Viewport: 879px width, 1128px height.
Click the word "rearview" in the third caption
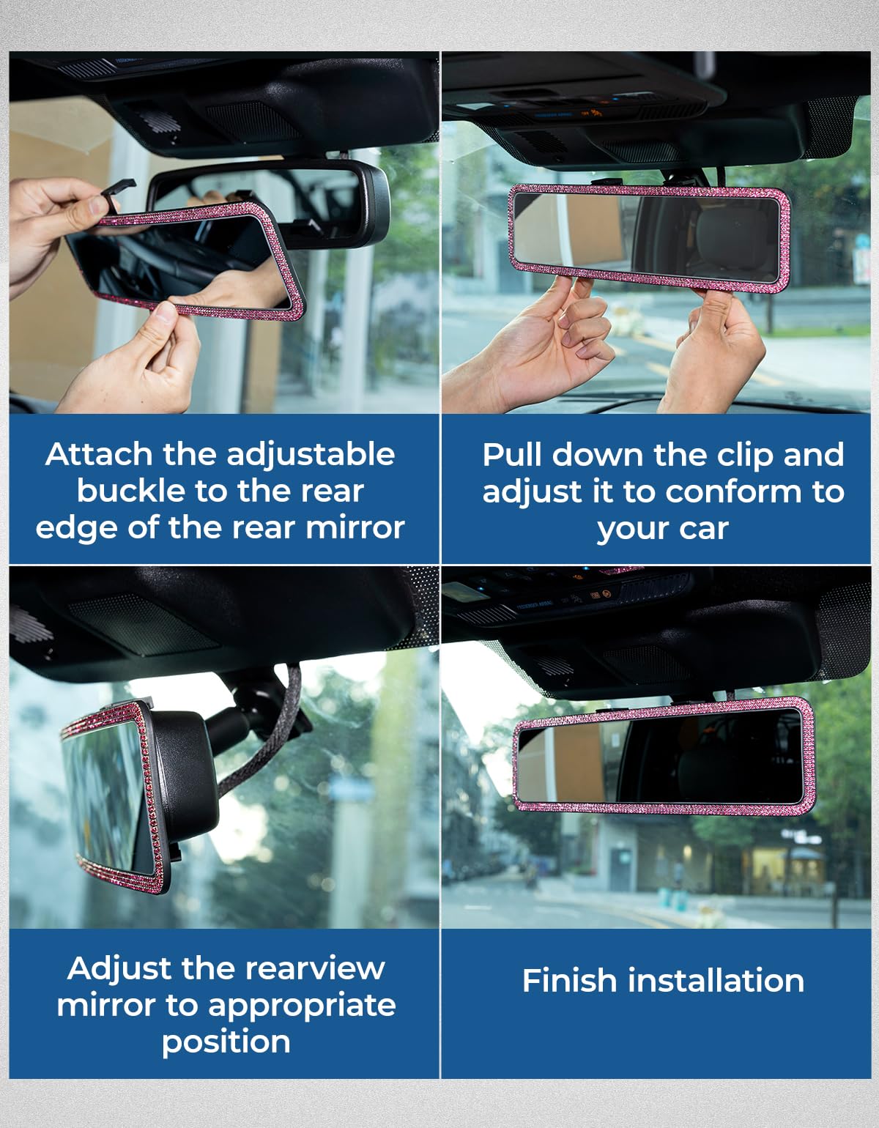tap(315, 968)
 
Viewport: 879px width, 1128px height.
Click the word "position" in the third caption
tap(226, 1043)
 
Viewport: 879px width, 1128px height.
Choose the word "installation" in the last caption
tap(716, 981)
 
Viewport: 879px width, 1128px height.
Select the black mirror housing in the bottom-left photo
tap(184, 779)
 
